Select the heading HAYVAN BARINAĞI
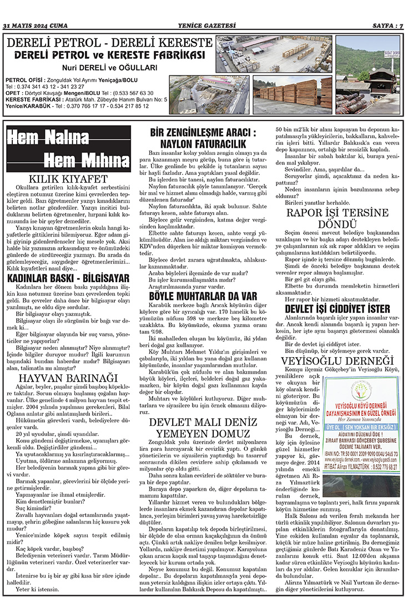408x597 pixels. coord(68,347)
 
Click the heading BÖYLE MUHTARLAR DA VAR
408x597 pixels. coord(203,295)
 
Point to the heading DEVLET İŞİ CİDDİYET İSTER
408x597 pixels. coord(338,309)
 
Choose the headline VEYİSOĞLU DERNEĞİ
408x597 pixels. coord(338,348)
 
